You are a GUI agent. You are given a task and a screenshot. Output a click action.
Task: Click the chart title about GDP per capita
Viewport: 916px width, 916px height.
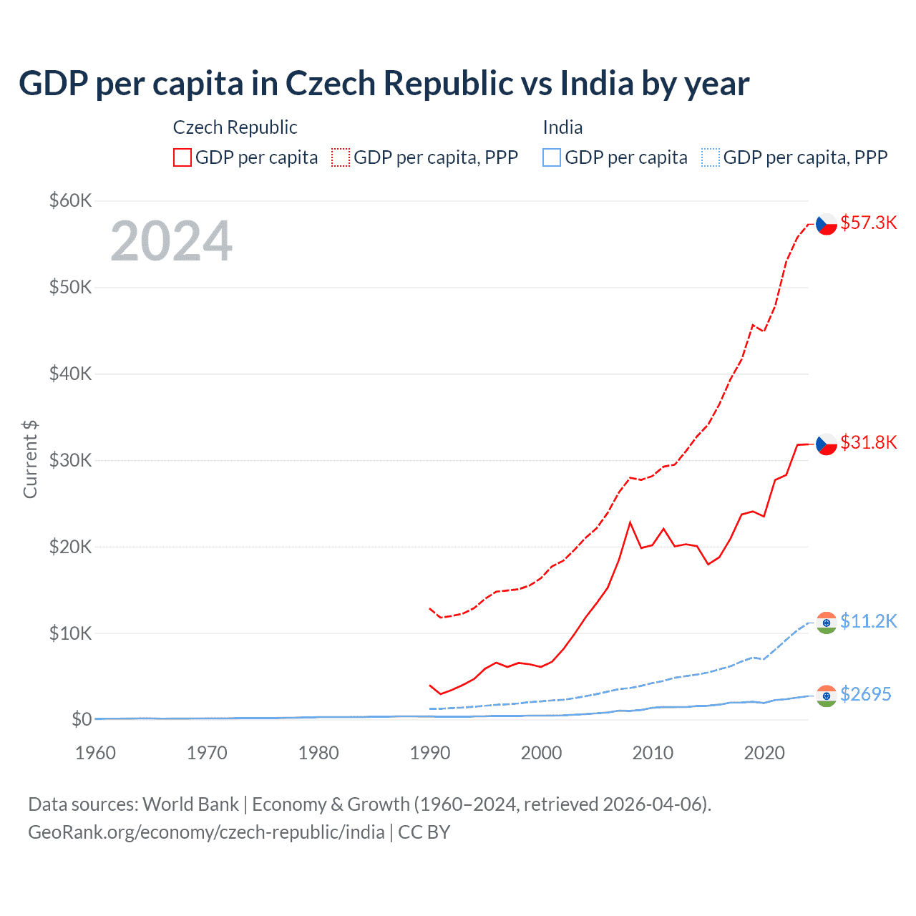pos(384,84)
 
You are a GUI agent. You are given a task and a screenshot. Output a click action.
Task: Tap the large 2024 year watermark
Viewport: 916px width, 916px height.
pos(171,241)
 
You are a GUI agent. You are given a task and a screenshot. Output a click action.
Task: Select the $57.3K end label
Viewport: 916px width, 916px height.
pos(868,223)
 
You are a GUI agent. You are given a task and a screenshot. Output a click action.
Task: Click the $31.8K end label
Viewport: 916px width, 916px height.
pos(868,442)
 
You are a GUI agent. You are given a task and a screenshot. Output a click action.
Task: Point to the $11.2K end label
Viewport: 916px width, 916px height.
pos(868,620)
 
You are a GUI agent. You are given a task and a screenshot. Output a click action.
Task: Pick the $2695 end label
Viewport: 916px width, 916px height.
pos(865,694)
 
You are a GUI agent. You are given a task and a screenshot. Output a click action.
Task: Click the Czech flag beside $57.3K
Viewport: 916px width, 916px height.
pos(827,224)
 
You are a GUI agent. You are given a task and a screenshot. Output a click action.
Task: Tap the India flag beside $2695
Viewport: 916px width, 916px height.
pos(827,696)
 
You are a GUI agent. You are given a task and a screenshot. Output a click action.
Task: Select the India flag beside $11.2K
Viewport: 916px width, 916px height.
pos(827,623)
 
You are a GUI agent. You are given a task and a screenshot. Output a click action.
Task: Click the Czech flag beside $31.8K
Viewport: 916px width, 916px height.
pos(827,444)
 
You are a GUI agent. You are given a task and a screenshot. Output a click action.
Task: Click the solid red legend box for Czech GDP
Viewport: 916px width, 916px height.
pos(182,157)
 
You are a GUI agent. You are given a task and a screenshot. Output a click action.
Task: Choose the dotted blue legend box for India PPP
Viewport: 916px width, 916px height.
pos(711,157)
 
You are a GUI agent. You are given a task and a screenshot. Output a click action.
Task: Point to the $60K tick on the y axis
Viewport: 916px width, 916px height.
pos(70,200)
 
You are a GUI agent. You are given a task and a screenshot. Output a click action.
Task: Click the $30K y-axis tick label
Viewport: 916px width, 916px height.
pos(70,460)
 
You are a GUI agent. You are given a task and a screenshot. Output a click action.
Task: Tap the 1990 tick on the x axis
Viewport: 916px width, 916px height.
pos(430,753)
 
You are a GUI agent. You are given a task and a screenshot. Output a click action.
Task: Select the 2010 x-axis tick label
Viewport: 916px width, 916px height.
pos(653,753)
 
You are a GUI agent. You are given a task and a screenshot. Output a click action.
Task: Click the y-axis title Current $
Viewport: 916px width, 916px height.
pos(30,459)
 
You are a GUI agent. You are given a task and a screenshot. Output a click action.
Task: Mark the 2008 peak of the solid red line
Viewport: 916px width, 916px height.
pos(630,522)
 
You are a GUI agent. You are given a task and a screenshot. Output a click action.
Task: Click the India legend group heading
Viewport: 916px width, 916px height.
pos(562,127)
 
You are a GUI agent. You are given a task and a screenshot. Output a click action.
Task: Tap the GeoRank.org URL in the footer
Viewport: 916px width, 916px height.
pos(206,832)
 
